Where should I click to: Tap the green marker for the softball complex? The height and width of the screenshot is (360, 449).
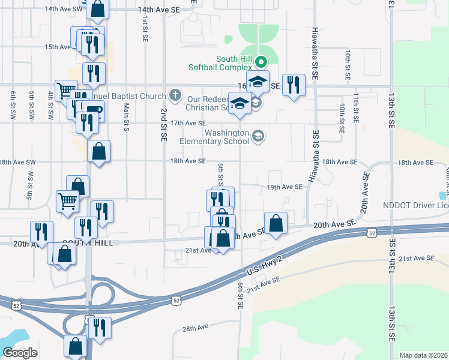(261, 61)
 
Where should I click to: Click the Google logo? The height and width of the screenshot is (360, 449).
(20, 352)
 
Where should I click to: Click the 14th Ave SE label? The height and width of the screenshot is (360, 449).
(158, 10)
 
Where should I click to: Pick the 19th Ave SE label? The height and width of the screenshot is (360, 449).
(285, 187)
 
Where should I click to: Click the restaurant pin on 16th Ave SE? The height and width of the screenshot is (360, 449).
(293, 85)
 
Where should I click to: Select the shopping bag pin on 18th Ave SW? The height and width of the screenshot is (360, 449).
(98, 152)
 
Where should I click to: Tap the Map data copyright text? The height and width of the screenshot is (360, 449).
(423, 355)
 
